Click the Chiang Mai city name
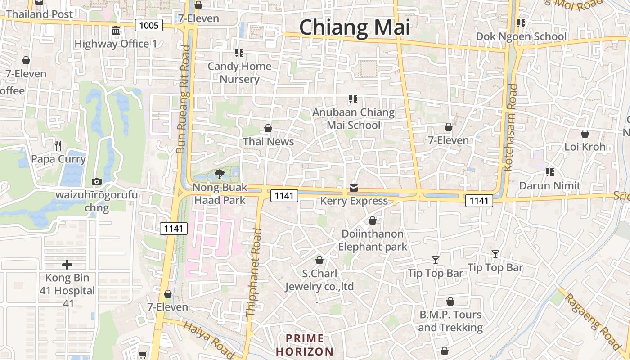click(355, 27)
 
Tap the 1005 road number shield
click(149, 25)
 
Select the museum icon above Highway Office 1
click(116, 31)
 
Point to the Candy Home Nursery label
click(239, 73)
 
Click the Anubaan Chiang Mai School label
click(354, 119)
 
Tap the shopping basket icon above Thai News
click(268, 129)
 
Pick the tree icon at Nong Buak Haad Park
click(220, 174)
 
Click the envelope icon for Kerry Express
click(354, 188)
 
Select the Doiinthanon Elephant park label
click(373, 240)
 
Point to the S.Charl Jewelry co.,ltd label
click(319, 280)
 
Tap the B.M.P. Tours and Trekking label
click(450, 321)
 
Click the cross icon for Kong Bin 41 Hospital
click(67, 265)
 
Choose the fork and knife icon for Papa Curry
click(58, 145)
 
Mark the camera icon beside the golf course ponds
click(96, 182)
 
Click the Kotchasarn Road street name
click(509, 127)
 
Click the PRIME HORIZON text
click(305, 345)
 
